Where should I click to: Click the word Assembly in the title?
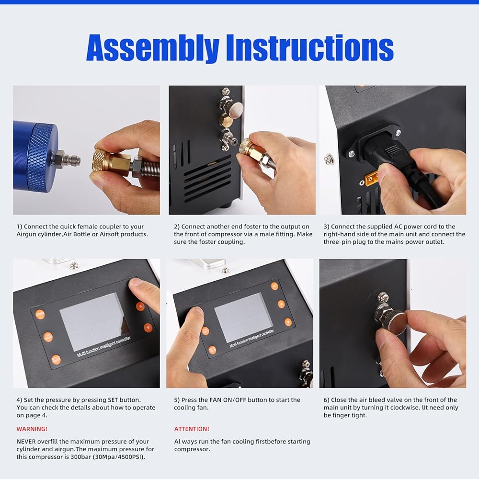coord(153,48)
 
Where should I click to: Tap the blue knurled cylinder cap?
coord(42,157)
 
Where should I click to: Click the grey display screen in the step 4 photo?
coord(95,321)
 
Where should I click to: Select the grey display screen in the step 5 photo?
coord(243,317)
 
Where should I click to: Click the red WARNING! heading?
coord(32,429)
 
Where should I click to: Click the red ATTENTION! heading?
coord(192,429)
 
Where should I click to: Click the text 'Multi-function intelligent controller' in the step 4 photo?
coord(104,346)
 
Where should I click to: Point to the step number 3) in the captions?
coord(326,227)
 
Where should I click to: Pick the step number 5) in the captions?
coord(177,400)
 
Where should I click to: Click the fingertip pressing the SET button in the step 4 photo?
coord(136,284)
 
